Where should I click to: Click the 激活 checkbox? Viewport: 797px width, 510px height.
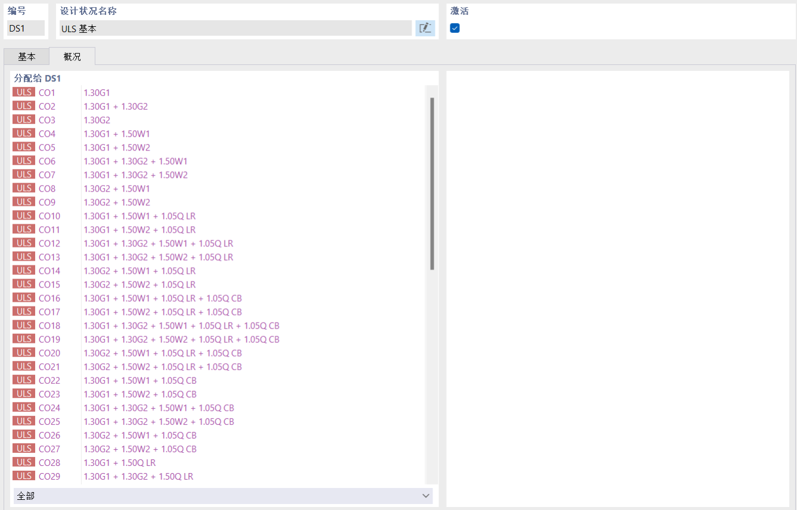point(454,28)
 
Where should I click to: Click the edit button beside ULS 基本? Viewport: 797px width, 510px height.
point(425,28)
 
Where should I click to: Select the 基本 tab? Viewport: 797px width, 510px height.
point(27,57)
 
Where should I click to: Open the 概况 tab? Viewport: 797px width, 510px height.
point(72,57)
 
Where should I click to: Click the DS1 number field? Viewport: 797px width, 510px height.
point(26,28)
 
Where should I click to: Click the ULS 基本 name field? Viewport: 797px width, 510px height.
point(235,28)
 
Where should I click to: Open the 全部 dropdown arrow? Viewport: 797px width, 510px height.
point(425,496)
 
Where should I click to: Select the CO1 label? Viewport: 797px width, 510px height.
point(46,93)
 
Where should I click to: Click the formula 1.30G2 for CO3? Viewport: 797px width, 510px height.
point(96,120)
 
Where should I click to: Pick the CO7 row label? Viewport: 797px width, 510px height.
point(47,175)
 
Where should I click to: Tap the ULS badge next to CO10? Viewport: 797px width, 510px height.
point(24,216)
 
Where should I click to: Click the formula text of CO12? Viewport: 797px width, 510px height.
point(158,243)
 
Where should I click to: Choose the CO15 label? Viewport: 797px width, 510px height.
point(49,284)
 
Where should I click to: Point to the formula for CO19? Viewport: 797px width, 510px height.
point(182,339)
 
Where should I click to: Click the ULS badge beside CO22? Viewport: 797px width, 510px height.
point(24,380)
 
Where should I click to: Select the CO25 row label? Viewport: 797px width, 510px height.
point(49,421)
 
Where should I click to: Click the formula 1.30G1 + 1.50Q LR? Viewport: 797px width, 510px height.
point(120,463)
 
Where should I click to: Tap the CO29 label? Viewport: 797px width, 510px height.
point(49,476)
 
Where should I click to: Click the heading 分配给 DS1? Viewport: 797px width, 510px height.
point(38,78)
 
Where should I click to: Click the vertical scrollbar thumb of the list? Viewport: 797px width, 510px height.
point(432,184)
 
